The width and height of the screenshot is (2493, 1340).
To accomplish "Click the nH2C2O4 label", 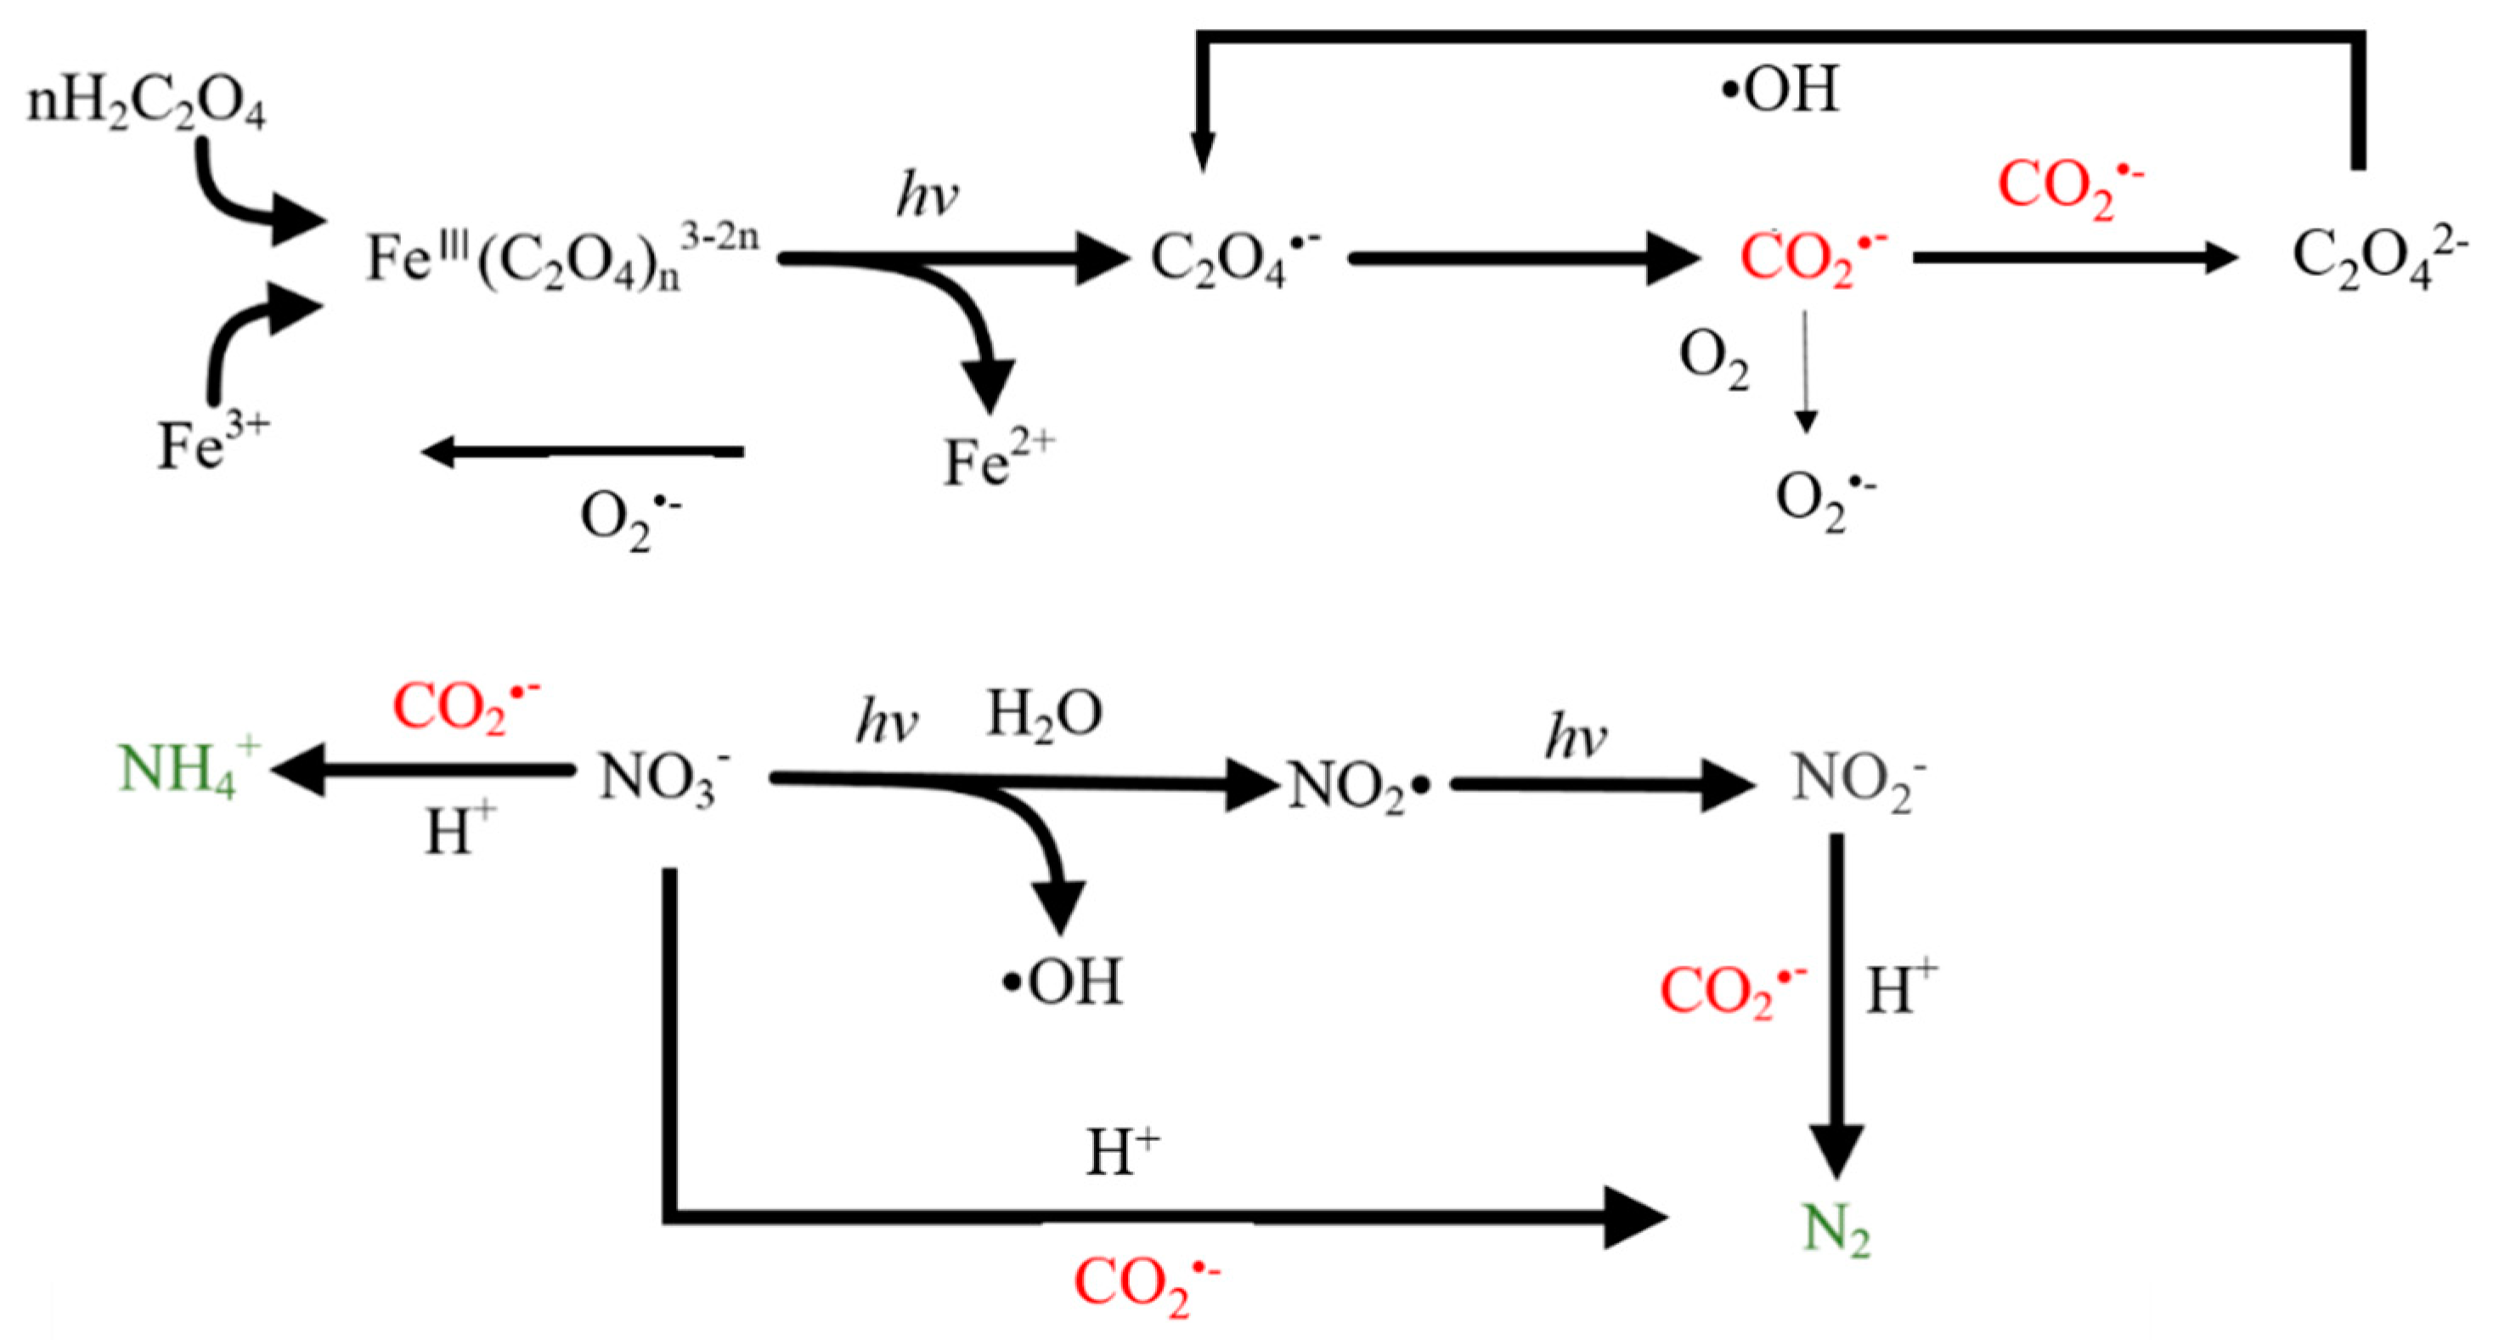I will [x=145, y=105].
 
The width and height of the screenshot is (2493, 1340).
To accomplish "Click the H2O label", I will [x=1044, y=716].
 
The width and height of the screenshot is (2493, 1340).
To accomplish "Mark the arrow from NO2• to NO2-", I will [x=1602, y=784].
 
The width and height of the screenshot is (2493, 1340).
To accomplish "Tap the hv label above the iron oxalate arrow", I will [x=928, y=196].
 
